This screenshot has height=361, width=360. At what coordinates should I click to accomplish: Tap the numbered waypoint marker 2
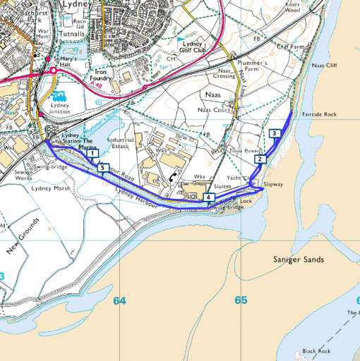pos(260,159)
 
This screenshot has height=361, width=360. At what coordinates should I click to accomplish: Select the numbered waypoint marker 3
pos(273,134)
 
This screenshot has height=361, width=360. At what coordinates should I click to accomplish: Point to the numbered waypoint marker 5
pos(103,169)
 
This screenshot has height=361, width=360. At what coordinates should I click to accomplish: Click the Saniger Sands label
pos(298,260)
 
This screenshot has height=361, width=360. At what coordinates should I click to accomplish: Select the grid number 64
pos(119,301)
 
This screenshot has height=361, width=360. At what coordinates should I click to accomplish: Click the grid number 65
pos(241,300)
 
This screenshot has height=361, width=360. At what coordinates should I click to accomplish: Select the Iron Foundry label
pos(104,75)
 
